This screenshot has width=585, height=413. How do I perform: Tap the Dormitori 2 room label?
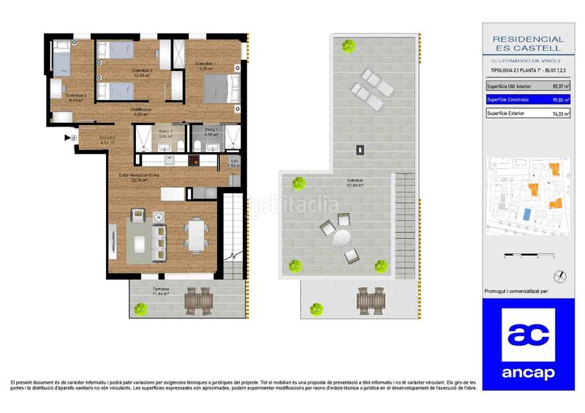point(142,70)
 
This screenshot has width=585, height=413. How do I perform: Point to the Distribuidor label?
point(140,110)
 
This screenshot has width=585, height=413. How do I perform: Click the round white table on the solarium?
point(341,239)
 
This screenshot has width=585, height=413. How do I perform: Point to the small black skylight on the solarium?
point(360,151)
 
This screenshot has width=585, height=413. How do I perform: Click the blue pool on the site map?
point(527,215)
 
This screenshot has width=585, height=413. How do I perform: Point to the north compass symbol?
point(559,276)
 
